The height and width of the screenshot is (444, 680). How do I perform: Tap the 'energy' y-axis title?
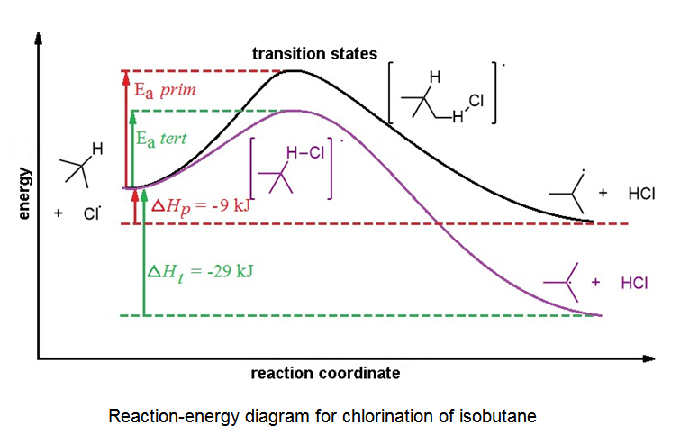[x=24, y=193]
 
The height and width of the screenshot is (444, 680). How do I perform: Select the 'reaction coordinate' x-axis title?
[x=324, y=372]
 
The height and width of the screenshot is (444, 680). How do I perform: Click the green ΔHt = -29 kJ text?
[x=199, y=270]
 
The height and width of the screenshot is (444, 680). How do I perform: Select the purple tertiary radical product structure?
[x=566, y=282]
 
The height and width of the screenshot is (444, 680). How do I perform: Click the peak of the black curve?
[x=294, y=70]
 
